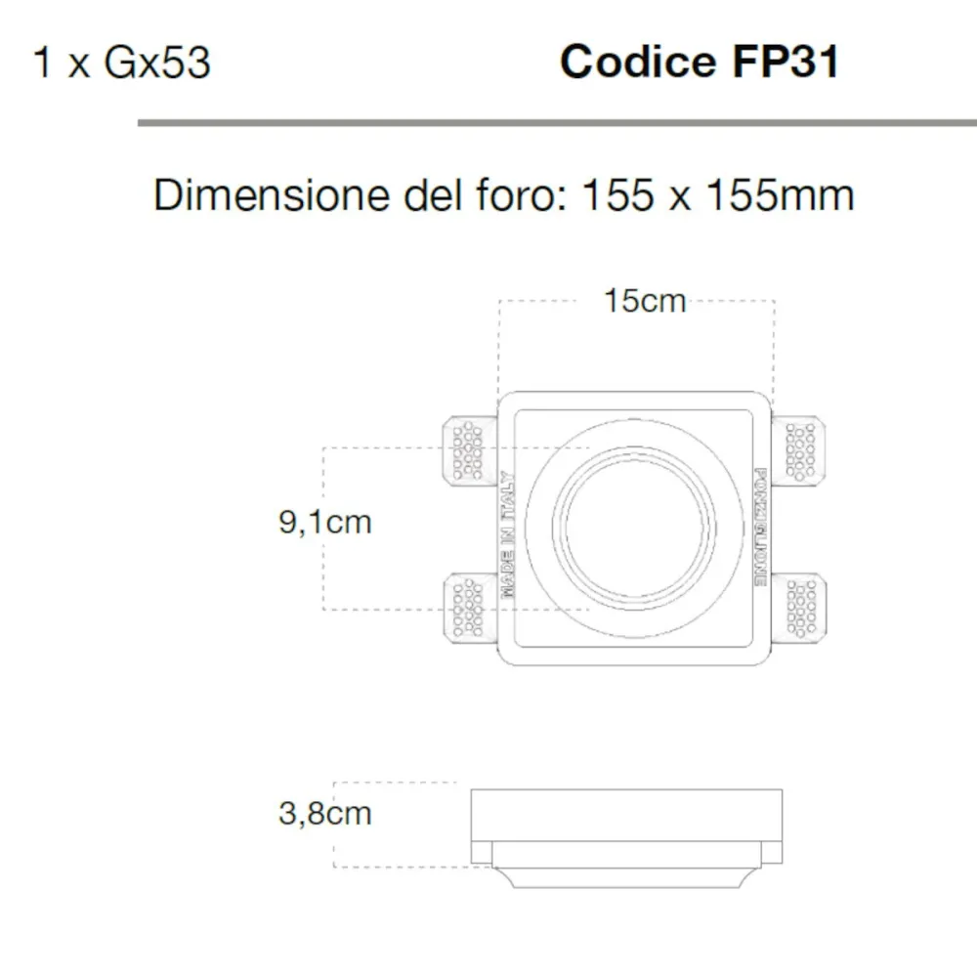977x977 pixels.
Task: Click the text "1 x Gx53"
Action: point(121,64)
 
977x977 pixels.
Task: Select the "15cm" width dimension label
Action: point(644,301)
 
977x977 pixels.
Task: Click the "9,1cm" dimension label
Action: point(325,523)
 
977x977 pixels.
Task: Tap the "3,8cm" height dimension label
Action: point(325,813)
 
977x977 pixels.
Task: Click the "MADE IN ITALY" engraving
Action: point(507,533)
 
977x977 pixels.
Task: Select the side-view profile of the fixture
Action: point(626,837)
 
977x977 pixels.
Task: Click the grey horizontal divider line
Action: point(557,123)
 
